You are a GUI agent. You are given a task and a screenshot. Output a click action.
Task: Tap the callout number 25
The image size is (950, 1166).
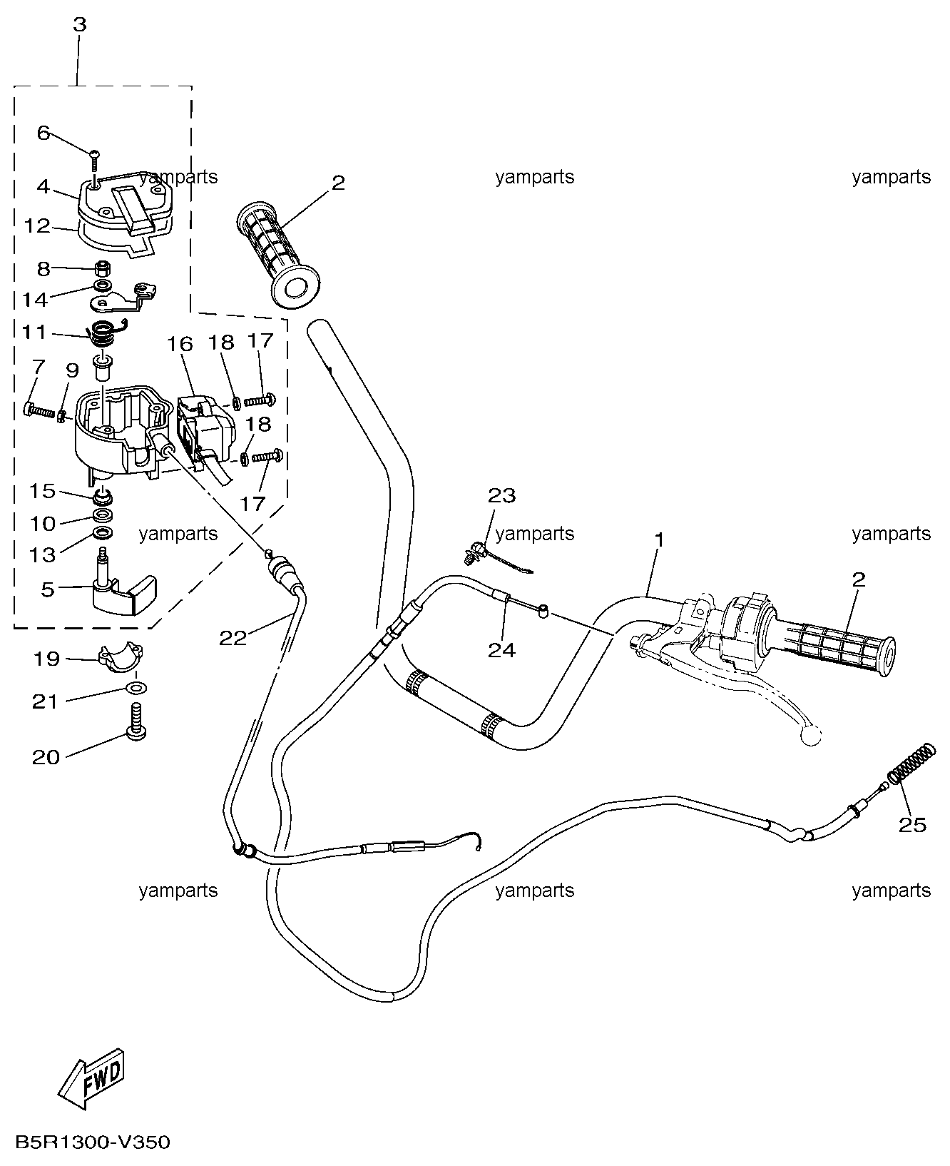[x=911, y=825]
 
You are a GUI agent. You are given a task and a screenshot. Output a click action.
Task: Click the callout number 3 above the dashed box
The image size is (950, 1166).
[x=79, y=24]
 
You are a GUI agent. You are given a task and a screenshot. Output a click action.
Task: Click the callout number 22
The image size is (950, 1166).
[x=233, y=637]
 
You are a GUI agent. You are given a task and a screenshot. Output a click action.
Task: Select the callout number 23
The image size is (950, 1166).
[x=501, y=495]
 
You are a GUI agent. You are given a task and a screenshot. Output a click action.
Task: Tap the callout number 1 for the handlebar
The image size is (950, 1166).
[x=659, y=539]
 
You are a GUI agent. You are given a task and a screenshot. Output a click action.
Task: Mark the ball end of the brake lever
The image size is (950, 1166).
[x=811, y=736]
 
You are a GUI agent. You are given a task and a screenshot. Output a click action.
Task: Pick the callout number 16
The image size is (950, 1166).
[x=180, y=345]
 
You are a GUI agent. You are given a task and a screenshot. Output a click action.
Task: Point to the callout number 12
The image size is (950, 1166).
[x=37, y=225]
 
